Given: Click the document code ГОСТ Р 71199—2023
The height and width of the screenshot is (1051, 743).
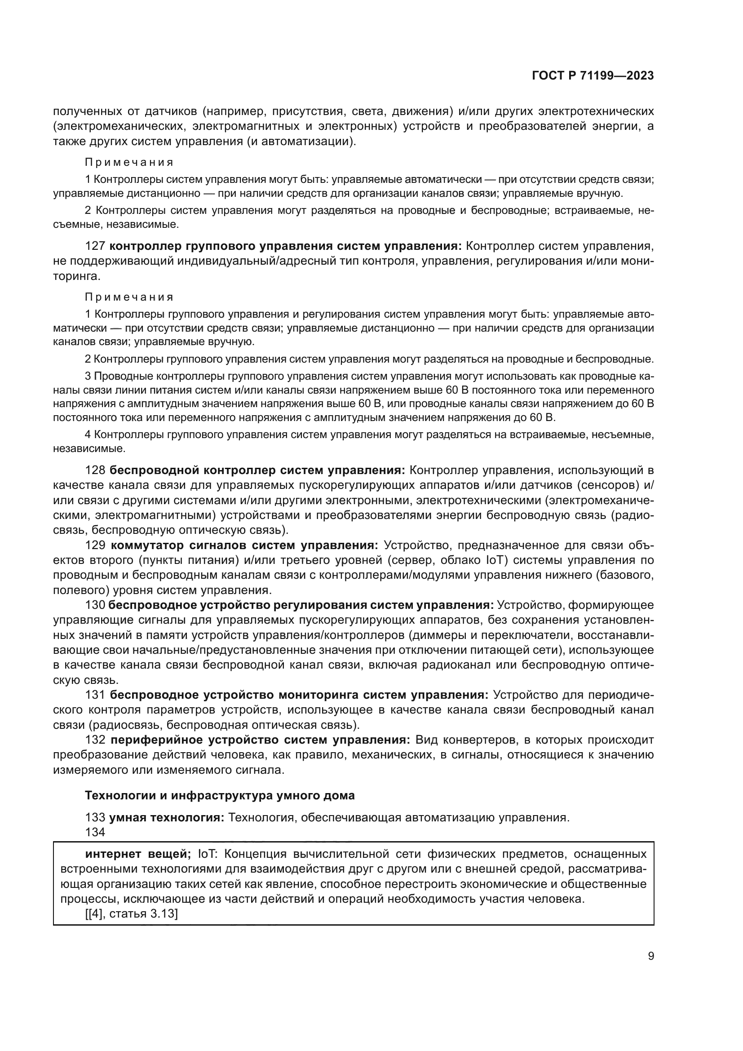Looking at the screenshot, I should coord(593,76).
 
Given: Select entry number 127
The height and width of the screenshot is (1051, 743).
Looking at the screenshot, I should coord(95,246).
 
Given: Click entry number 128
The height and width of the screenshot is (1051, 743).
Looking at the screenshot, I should coord(95,470).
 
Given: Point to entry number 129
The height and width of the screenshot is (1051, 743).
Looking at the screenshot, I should coord(95,545).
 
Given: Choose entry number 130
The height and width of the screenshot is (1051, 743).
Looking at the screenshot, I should coord(95,605).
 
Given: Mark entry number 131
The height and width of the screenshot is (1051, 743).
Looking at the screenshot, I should coord(95,695).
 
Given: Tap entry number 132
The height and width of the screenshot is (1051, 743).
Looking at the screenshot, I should coord(95,740).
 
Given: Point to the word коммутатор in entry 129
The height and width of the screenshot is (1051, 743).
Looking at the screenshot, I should coord(145,545).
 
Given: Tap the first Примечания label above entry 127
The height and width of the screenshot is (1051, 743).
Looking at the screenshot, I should coord(129,163).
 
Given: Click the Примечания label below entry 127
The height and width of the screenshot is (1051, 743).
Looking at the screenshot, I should coord(129,297).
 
